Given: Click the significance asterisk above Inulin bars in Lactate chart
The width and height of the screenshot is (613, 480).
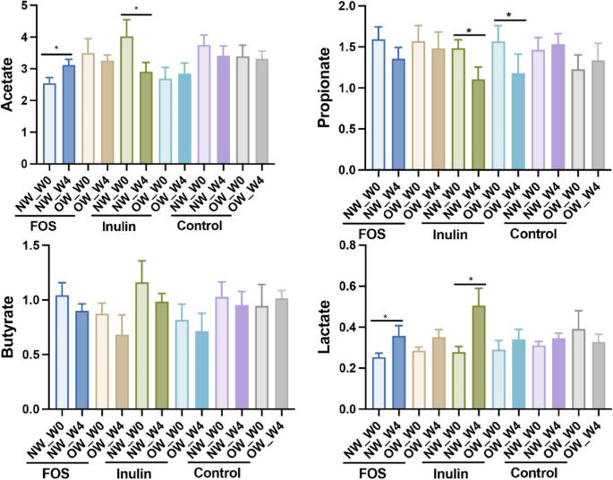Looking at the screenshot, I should click(x=471, y=279).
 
